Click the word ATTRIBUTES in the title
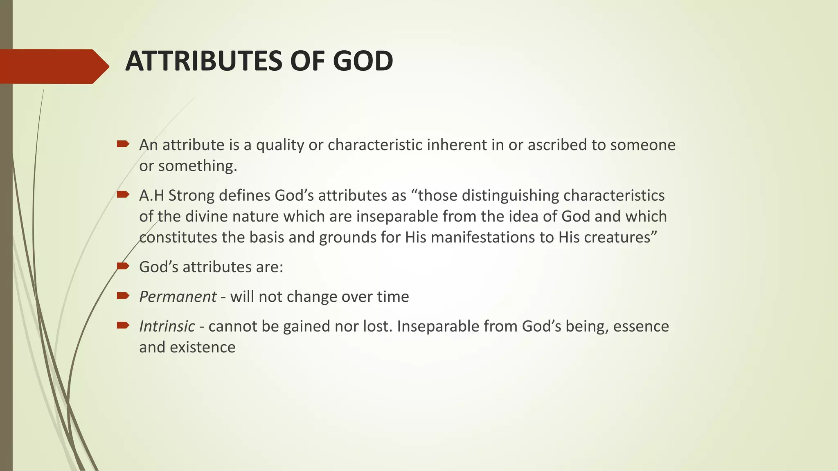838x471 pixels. pos(204,61)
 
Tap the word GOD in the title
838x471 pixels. pos(363,61)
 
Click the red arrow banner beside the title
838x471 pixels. pos(53,66)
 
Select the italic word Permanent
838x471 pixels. pos(178,297)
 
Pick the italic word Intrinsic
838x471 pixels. pos(167,327)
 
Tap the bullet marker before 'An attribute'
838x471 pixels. pos(123,144)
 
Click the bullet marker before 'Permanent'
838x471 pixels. pos(123,296)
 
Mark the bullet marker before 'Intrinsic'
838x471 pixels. pos(123,325)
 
